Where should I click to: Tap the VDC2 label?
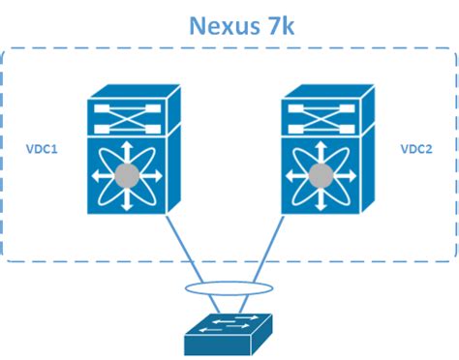click(x=415, y=151)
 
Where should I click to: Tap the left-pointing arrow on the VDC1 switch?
click(x=97, y=176)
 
